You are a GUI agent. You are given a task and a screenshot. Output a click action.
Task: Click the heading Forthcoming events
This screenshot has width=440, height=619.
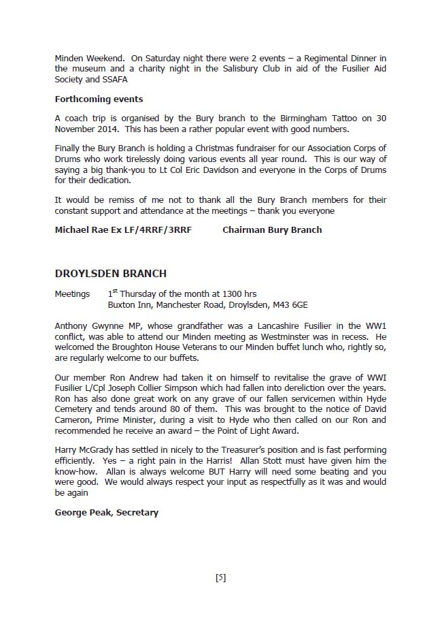99,99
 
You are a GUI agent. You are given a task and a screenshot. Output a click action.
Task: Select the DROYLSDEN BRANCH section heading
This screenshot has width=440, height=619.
110,274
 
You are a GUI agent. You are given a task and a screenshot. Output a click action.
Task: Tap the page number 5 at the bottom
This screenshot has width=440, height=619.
220,578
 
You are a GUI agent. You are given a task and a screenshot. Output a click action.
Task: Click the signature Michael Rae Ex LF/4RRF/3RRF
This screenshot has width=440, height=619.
123,229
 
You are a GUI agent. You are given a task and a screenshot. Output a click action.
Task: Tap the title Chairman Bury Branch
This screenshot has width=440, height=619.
272,229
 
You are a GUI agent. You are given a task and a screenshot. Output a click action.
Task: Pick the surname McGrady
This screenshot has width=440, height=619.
101,451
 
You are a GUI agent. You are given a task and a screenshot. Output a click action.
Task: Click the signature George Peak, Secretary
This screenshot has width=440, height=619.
106,512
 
